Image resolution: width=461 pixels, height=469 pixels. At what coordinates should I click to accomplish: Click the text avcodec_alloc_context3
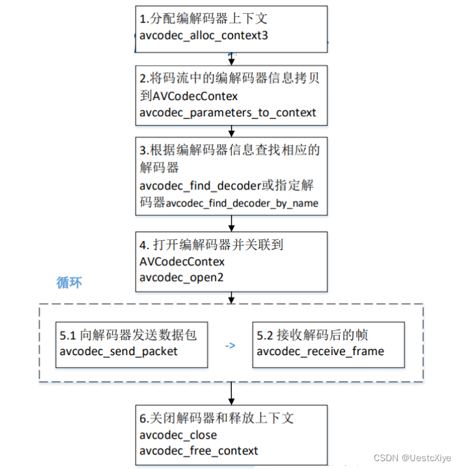[204, 35]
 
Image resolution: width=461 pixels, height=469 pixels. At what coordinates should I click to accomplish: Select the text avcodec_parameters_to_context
[228, 113]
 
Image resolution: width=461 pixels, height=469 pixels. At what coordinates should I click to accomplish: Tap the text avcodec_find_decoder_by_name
[242, 203]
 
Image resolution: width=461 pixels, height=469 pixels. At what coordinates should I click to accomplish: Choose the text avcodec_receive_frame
[320, 351]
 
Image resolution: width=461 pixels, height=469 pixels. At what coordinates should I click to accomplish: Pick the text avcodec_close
[178, 435]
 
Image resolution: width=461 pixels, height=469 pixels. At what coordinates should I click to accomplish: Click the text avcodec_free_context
[199, 450]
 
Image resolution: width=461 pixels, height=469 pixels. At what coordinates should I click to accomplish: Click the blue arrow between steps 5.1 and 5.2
[230, 345]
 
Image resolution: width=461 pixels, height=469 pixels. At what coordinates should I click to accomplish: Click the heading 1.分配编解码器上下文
[204, 19]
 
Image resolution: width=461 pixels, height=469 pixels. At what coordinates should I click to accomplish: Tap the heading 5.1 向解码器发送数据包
[128, 336]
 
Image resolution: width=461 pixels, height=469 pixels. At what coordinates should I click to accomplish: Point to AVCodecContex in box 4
[182, 261]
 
